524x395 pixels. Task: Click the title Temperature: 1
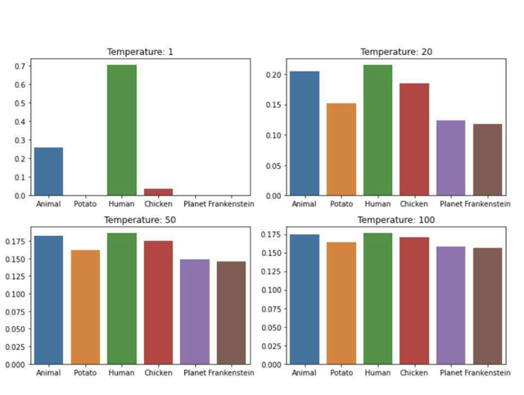pos(140,52)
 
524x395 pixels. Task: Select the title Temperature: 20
pos(396,52)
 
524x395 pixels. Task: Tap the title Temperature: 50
pos(140,220)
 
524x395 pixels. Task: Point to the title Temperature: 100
pos(396,220)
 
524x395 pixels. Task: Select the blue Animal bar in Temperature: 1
pos(48,171)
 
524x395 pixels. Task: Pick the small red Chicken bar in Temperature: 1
pos(158,193)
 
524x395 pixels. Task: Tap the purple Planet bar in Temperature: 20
pos(450,158)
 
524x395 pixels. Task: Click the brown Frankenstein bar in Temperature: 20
pos(487,160)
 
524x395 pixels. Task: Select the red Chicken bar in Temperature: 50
pos(158,302)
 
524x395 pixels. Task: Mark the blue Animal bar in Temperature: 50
pos(48,300)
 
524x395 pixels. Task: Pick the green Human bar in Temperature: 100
pos(377,298)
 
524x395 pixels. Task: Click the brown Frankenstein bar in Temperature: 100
pos(487,306)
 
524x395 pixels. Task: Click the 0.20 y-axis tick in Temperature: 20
pos(273,75)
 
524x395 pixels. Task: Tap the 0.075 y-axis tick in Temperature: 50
pos(17,312)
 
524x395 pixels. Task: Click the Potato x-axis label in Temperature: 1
pos(85,203)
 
